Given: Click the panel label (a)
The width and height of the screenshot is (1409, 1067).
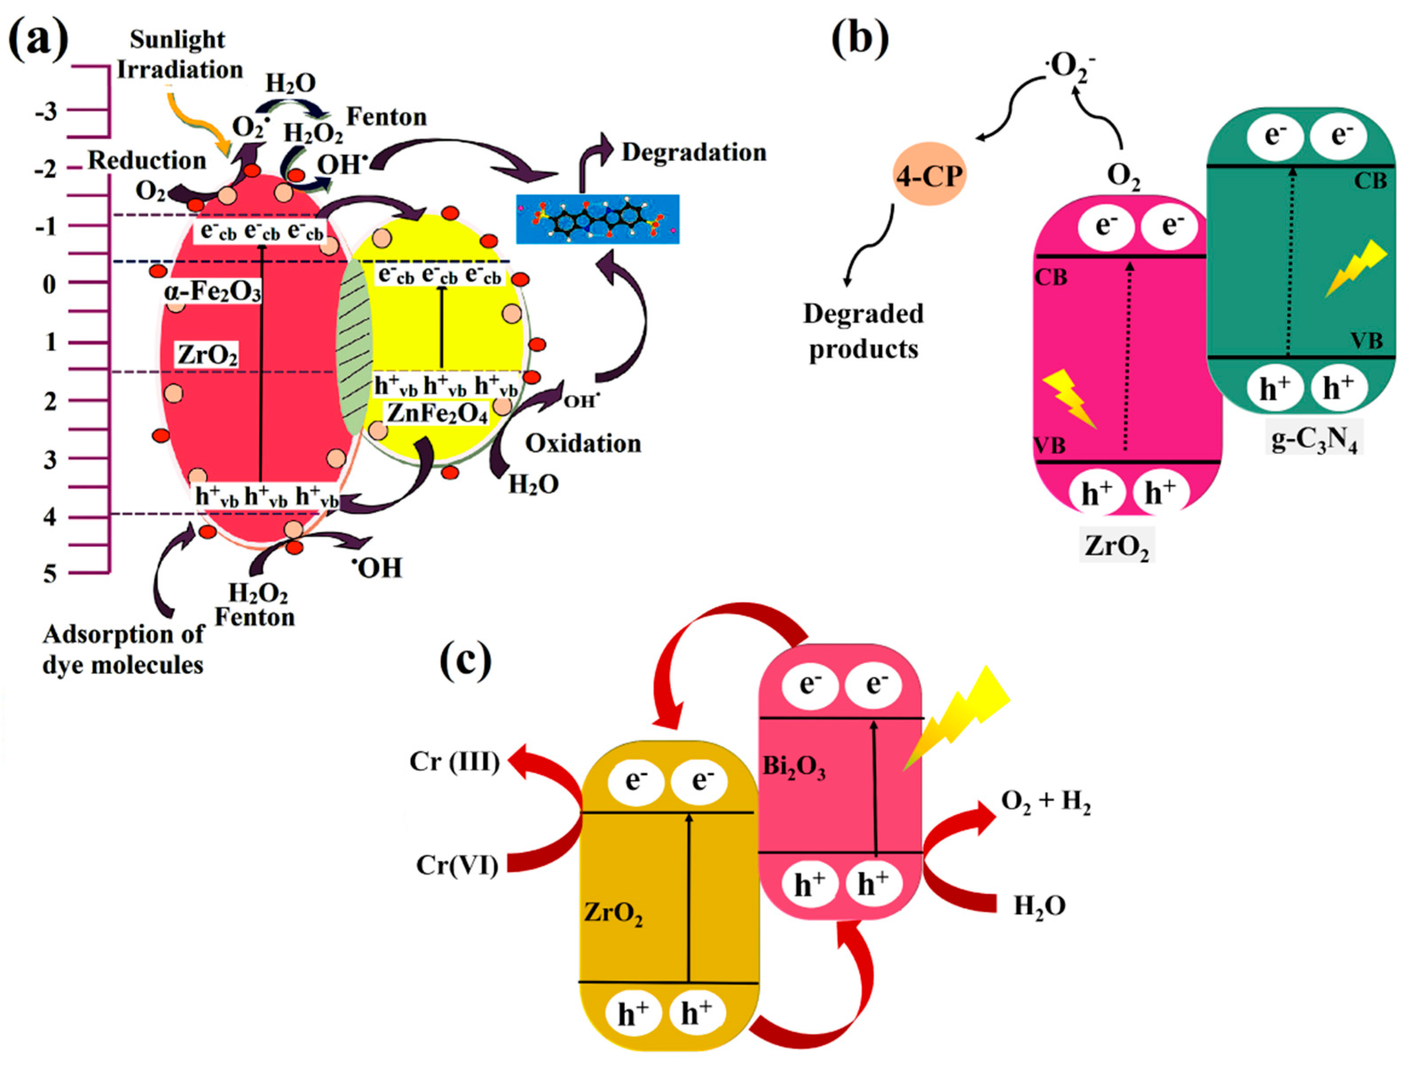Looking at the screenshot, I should (x=38, y=39).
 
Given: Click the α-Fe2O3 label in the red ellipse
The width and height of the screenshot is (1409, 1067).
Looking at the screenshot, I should (x=212, y=292).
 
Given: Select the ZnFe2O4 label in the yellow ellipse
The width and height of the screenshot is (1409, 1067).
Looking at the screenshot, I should (x=437, y=414).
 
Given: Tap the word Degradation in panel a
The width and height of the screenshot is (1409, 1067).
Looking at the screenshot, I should (x=694, y=152).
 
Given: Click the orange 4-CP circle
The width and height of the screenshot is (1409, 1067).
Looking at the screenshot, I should (x=929, y=174).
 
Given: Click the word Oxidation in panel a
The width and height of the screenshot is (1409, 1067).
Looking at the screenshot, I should (x=583, y=443).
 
